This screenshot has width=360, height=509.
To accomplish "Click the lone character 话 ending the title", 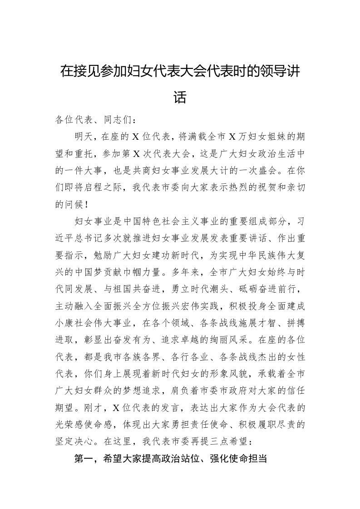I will [180, 97].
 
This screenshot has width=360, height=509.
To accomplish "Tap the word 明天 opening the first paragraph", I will [85, 136].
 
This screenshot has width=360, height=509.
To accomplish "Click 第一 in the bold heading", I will [84, 459].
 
